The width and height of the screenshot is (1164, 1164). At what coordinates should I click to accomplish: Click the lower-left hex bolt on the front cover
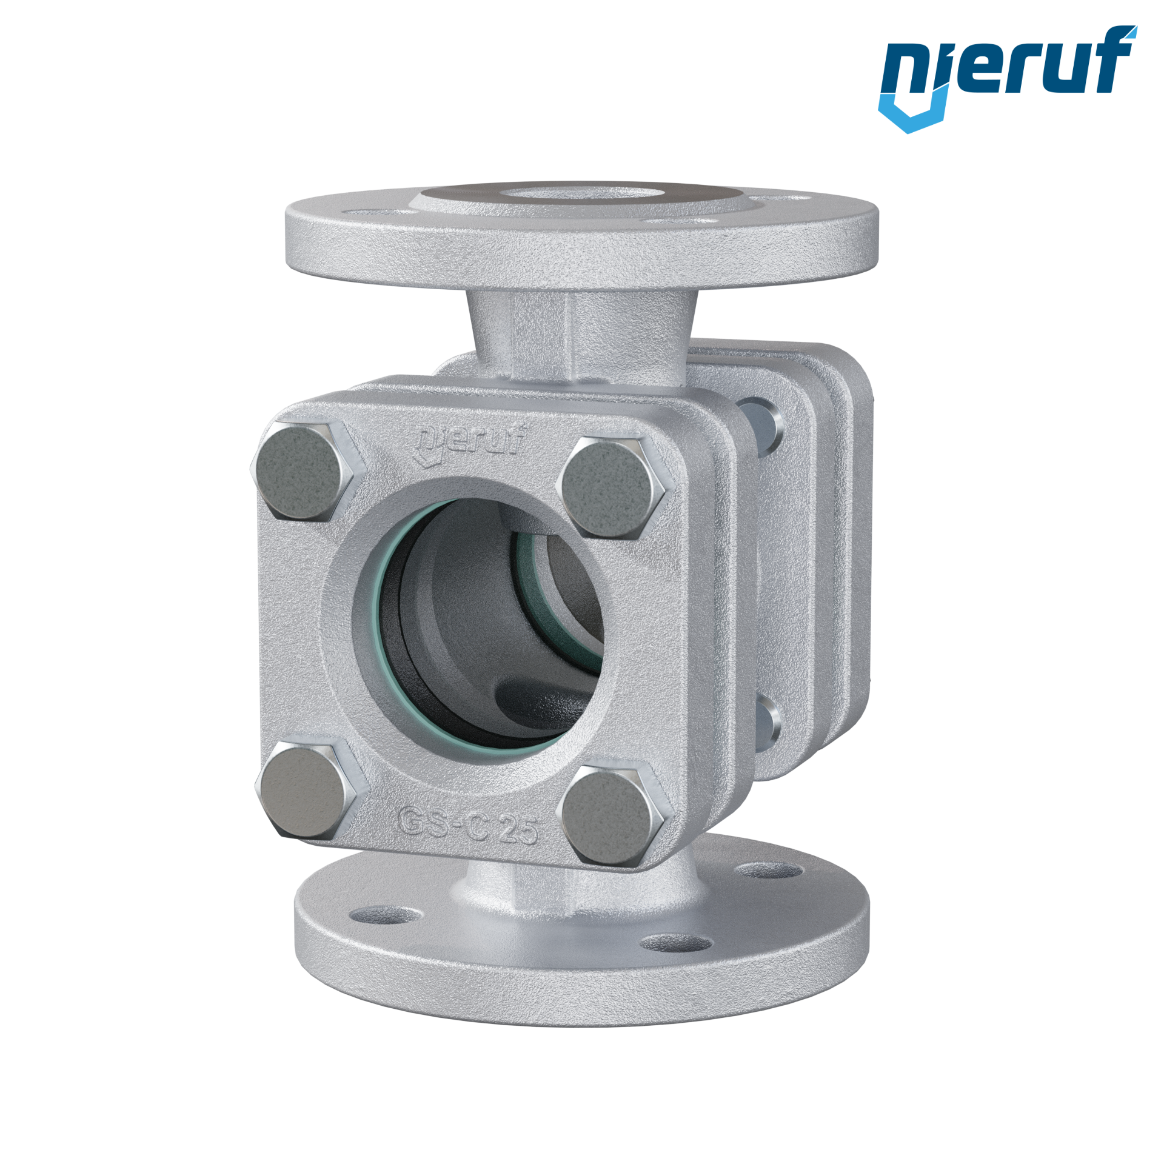[306, 791]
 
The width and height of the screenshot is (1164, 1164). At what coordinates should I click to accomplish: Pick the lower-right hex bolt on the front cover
[612, 812]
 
